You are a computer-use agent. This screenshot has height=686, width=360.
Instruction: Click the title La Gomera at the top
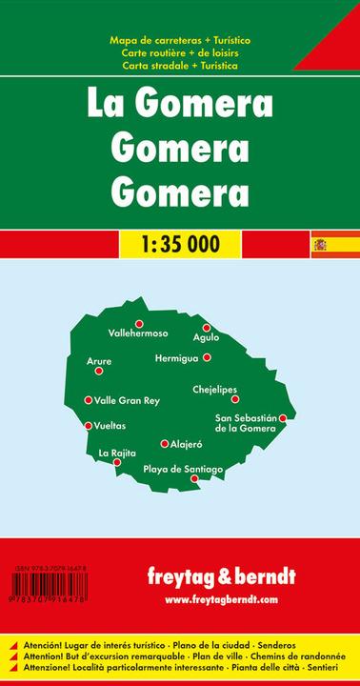(179, 102)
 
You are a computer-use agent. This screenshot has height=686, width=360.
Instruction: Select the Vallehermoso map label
(139, 333)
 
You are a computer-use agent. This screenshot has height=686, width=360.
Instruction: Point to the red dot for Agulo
(206, 328)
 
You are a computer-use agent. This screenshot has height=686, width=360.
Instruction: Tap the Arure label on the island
(99, 361)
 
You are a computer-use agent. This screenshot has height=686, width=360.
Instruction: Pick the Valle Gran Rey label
(127, 401)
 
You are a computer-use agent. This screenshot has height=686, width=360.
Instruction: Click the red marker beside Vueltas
(89, 426)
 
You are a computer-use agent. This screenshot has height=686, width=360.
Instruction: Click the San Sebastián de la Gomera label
(245, 423)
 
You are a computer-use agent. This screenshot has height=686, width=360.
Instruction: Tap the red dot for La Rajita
(117, 463)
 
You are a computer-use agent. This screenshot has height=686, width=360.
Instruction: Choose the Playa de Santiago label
(183, 468)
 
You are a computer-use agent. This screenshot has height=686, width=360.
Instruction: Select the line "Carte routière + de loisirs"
(179, 55)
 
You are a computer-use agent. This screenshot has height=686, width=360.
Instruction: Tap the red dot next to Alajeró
(165, 443)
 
